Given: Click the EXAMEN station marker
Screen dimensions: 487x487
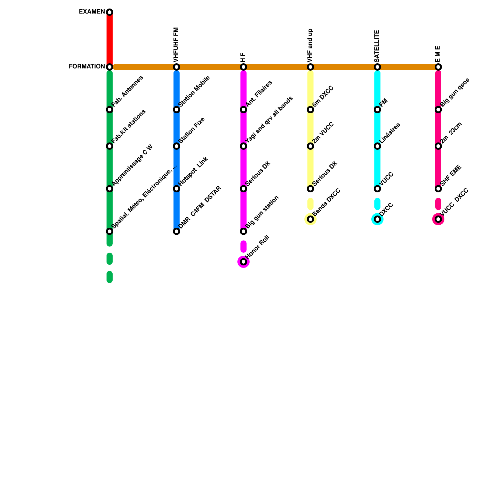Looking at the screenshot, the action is point(110,12).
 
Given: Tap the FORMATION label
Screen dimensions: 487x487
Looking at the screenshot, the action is point(87,66).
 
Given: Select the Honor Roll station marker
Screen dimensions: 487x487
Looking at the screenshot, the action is point(243,262).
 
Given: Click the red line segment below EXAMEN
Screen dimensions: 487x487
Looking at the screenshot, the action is point(110,40).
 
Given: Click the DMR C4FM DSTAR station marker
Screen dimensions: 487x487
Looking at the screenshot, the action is point(177,231).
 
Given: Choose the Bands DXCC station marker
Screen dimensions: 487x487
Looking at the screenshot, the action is point(310,219).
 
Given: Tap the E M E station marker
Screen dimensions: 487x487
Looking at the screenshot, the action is point(438,67).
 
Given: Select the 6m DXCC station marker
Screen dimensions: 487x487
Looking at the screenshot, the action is point(310,110).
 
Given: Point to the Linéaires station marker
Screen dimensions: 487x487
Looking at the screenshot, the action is point(377,146).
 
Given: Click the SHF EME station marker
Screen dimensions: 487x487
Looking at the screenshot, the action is point(438,189).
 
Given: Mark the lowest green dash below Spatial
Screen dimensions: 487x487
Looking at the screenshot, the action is point(110,277).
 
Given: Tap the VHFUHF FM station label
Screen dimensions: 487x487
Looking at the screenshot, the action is point(176,44).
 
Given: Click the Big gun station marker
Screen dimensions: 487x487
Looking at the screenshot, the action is point(243,231).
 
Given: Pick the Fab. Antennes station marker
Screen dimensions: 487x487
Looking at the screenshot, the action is point(110,110).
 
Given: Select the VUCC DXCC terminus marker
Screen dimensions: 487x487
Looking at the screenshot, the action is point(438,219).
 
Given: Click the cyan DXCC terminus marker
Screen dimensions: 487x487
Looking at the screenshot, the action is point(377,219).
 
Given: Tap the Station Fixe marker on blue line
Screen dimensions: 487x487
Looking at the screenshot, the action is point(177,146).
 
